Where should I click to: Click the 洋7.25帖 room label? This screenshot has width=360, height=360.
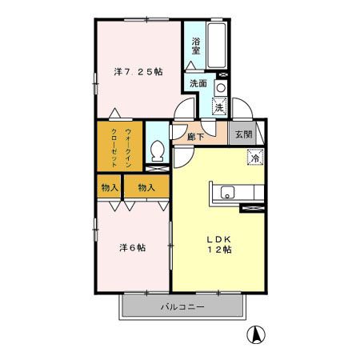pos(138,72)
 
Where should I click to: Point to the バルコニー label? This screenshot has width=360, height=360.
pos(182,306)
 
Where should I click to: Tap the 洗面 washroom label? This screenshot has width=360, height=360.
pos(199,83)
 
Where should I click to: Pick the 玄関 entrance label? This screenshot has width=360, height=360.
pos(244,135)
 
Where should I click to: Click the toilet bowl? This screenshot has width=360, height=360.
pos(158,150)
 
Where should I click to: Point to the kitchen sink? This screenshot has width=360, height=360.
pos(228,193)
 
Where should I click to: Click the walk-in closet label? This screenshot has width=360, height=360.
pos(121,146)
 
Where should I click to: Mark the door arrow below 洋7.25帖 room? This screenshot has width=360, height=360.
pos(117,112)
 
